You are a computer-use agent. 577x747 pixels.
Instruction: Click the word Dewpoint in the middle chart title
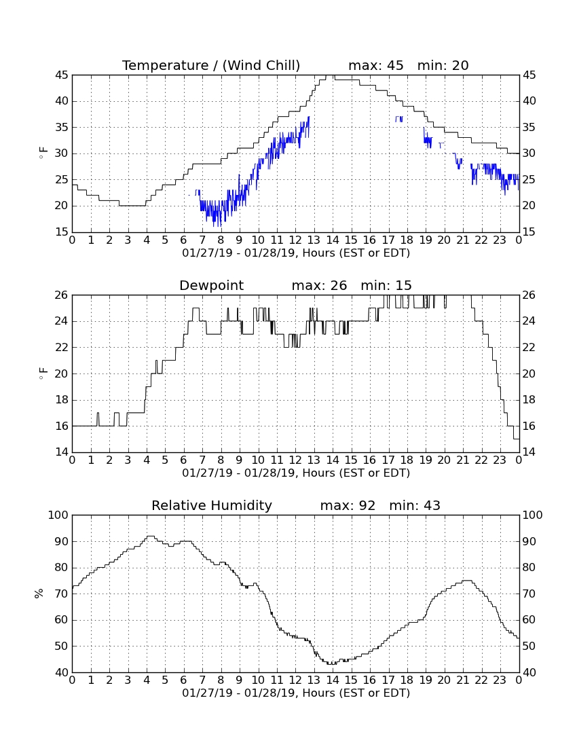coord(211,285)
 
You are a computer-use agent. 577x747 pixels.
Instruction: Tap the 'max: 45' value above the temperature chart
coord(376,65)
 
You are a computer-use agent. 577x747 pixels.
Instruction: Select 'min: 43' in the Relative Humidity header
coord(415,505)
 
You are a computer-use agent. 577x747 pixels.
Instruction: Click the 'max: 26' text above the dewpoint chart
coord(320,285)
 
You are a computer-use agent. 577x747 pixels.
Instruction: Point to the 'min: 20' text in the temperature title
coord(443,65)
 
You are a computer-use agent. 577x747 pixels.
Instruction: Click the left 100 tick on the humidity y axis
coord(60,515)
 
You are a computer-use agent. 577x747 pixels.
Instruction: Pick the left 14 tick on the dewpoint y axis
coord(62,452)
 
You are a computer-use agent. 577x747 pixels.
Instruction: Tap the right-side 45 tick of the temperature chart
coord(529,75)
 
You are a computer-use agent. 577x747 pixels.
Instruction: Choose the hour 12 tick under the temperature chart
coord(295,240)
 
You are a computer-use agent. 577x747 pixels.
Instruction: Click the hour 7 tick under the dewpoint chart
coord(202,460)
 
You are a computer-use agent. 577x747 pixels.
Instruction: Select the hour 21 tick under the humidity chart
coord(463,680)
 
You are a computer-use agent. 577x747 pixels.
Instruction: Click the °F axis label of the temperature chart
coord(43,153)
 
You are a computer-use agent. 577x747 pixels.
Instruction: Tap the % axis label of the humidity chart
coord(39,594)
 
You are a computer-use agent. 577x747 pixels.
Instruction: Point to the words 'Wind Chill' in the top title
coord(261,65)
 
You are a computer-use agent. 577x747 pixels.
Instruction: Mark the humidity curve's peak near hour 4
coord(151,536)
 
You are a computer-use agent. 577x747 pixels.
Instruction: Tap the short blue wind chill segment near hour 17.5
coord(399,119)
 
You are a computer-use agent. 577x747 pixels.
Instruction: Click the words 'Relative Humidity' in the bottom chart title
coord(212,505)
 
